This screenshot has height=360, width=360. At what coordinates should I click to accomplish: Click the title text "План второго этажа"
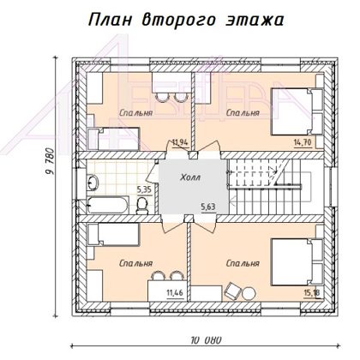pyautogui.click(x=186, y=21)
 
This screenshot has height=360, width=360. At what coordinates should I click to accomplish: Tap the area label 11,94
pyautogui.click(x=180, y=141)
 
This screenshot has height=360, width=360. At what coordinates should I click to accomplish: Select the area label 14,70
pyautogui.click(x=303, y=142)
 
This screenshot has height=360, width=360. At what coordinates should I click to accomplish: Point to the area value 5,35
pyautogui.click(x=144, y=189)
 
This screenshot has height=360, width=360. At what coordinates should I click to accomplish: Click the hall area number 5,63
pyautogui.click(x=208, y=207)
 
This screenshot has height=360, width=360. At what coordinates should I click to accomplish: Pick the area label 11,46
pyautogui.click(x=175, y=292)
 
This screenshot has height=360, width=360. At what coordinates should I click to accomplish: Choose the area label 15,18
pyautogui.click(x=311, y=293)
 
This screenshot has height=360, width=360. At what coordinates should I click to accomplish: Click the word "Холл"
pyautogui.click(x=190, y=177)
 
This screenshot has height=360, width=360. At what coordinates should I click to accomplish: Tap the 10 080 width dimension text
pyautogui.click(x=206, y=340)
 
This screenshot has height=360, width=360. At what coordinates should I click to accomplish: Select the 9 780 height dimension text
pyautogui.click(x=50, y=161)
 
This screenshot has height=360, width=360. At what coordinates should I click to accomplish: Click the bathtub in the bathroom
pyautogui.click(x=107, y=205)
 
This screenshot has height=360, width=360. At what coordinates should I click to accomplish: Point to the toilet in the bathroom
pyautogui.click(x=142, y=206)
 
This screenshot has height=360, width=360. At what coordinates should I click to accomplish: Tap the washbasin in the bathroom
pyautogui.click(x=93, y=183)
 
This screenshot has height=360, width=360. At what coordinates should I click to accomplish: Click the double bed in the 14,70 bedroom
pyautogui.click(x=297, y=111)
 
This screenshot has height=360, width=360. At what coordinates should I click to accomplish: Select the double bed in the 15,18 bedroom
pyautogui.click(x=297, y=262)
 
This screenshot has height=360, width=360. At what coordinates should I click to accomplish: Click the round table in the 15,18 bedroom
pyautogui.click(x=249, y=293)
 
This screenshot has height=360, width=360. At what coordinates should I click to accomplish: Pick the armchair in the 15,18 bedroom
pyautogui.click(x=232, y=291)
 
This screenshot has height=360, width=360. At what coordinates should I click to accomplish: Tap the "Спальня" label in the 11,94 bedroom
pyautogui.click(x=136, y=113)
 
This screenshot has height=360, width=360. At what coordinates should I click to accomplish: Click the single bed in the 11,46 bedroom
pyautogui.click(x=113, y=235)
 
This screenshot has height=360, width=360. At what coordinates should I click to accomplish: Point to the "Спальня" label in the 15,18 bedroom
pyautogui.click(x=243, y=263)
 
